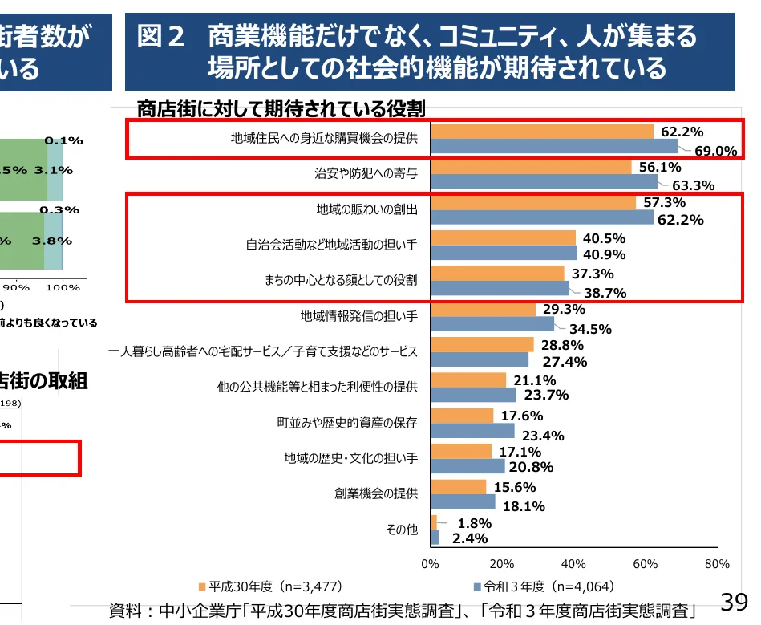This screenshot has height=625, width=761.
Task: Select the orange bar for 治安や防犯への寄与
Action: click(x=531, y=167)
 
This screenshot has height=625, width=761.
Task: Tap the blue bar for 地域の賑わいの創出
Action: click(x=542, y=217)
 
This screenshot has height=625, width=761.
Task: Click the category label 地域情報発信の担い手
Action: click(x=358, y=315)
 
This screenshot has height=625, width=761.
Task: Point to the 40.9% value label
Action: click(x=604, y=255)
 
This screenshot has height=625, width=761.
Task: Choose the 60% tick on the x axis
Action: click(x=646, y=563)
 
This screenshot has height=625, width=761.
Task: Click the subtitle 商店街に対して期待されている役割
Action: click(x=280, y=108)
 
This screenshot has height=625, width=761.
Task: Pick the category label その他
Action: click(x=402, y=530)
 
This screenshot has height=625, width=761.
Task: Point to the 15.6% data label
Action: click(x=514, y=487)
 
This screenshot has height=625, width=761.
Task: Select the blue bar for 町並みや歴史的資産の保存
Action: click(x=472, y=430)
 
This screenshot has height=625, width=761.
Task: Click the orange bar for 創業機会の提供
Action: click(x=458, y=487)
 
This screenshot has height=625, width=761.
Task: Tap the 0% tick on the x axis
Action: click(x=431, y=563)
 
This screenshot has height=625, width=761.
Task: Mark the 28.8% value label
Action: click(x=561, y=346)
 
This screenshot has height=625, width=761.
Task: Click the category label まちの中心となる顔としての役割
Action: click(x=341, y=280)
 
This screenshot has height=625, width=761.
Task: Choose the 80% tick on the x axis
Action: click(x=717, y=563)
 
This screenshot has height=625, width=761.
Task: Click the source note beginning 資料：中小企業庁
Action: click(x=401, y=610)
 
